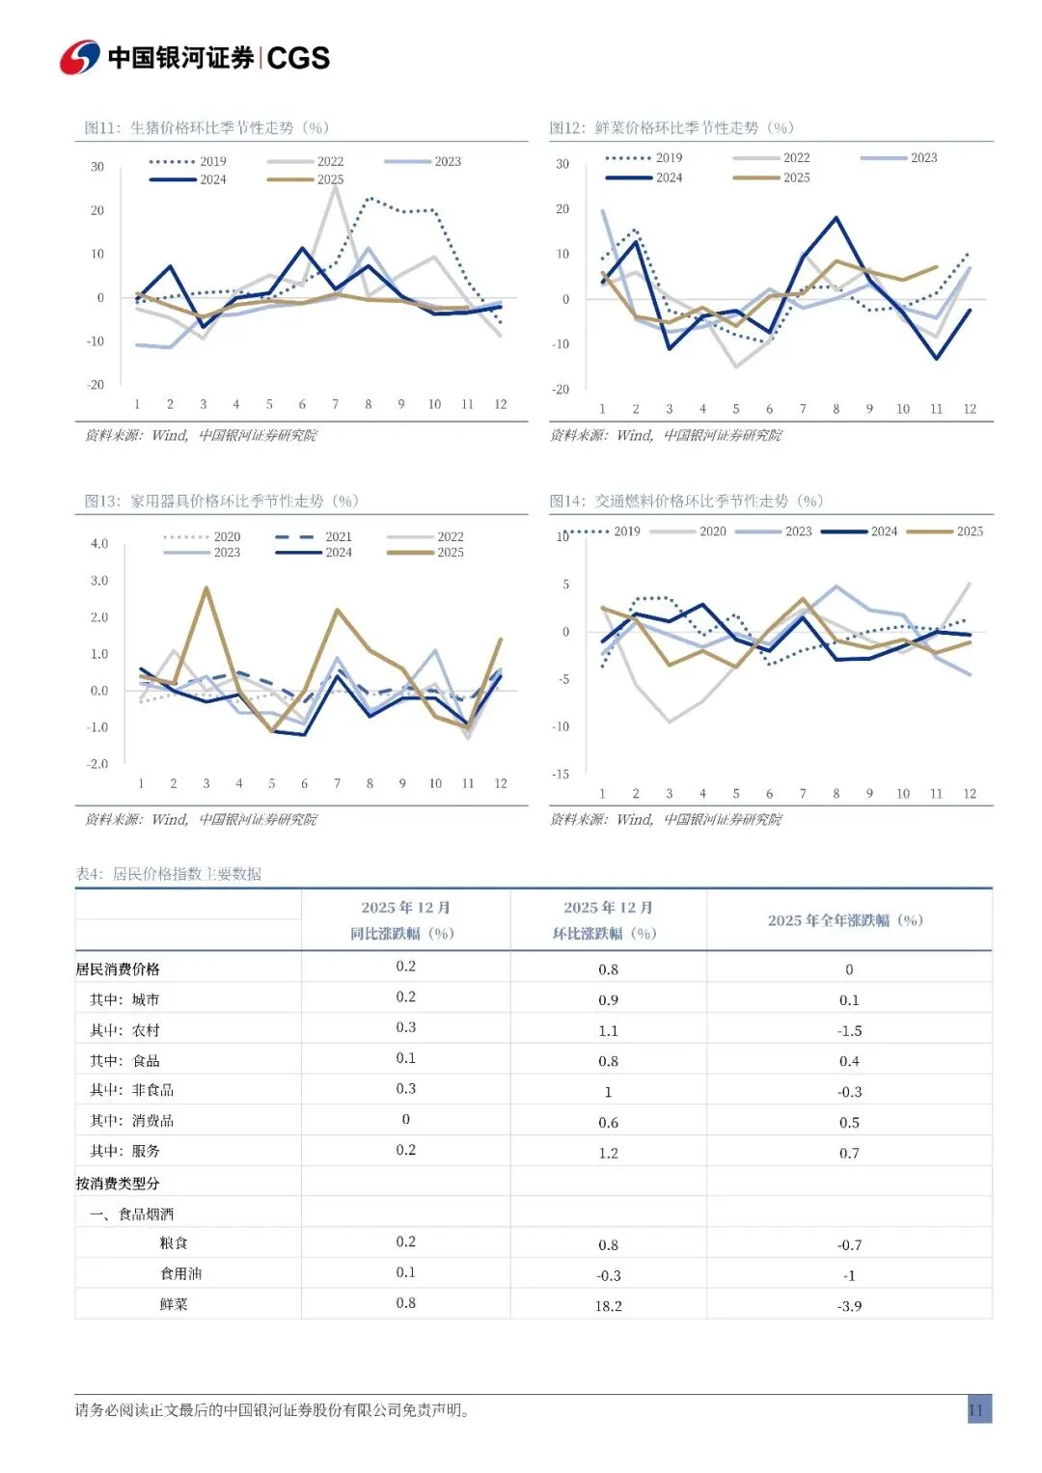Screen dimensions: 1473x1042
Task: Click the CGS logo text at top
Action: point(298,58)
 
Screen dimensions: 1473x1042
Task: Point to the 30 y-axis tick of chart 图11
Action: point(97,167)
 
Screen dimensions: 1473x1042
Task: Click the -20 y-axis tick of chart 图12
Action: point(561,390)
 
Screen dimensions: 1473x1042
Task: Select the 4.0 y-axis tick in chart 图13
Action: point(99,544)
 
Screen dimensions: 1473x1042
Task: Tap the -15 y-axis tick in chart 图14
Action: point(561,775)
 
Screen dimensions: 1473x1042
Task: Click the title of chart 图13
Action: point(221,501)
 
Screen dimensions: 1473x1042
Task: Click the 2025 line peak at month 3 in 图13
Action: point(206,587)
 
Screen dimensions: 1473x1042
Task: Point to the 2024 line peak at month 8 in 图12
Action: point(836,218)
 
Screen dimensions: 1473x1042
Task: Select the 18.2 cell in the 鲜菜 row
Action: point(608,1306)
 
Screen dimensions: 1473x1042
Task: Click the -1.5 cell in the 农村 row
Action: point(849,1030)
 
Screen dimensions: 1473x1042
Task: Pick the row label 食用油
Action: point(180,1274)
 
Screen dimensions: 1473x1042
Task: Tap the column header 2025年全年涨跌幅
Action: point(845,920)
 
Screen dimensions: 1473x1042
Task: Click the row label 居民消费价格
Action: point(118,969)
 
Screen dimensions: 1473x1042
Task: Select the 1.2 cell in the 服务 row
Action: point(608,1153)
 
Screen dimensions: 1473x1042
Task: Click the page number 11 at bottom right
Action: point(975,1410)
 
